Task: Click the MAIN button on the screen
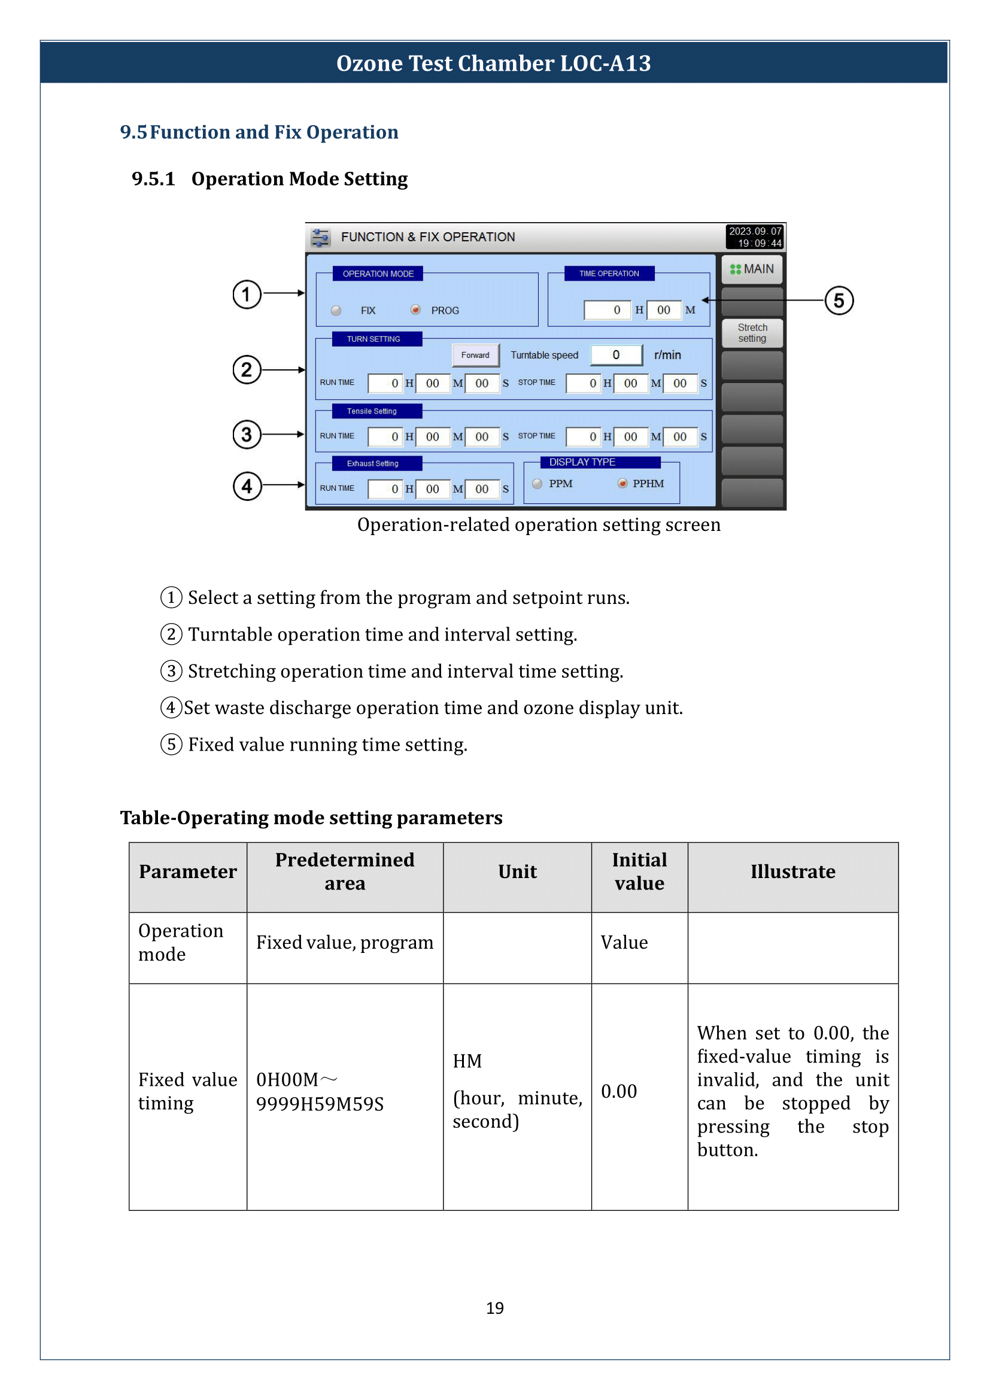tap(752, 269)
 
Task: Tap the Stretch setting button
tap(752, 333)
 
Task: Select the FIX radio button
tap(336, 311)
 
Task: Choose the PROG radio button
tap(415, 310)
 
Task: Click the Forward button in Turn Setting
tap(475, 355)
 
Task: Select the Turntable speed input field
tap(617, 355)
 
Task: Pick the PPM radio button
tap(537, 484)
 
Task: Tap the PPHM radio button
tap(622, 484)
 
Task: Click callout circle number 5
tap(839, 300)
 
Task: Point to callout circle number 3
tap(246, 435)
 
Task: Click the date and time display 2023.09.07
tap(755, 237)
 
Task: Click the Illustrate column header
tap(792, 872)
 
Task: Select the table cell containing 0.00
tap(619, 1092)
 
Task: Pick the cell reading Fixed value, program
tap(344, 943)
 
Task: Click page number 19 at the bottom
tap(494, 1308)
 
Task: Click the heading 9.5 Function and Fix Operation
tap(259, 132)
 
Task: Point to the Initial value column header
tap(639, 872)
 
